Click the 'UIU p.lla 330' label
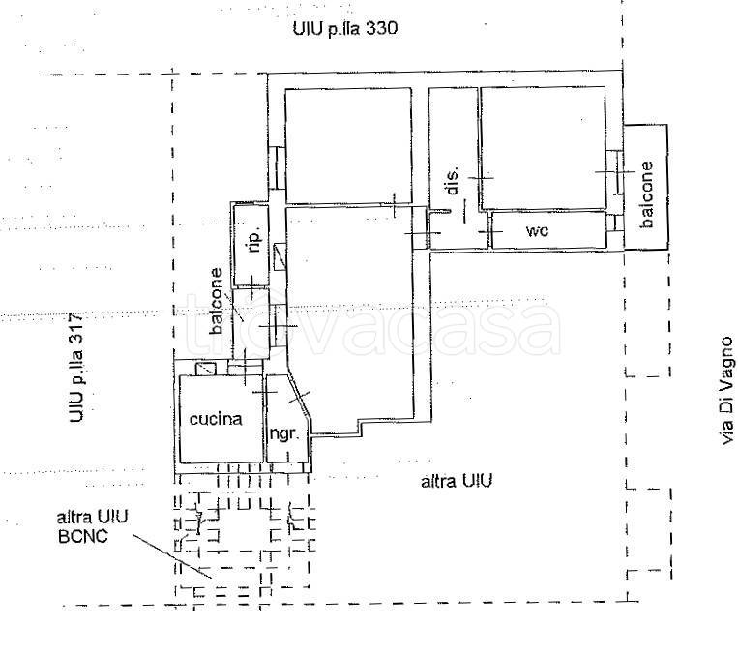(x=345, y=29)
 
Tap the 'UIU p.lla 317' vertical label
(x=76, y=368)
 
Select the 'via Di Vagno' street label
(x=727, y=390)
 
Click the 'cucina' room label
(x=216, y=419)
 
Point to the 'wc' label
(x=537, y=230)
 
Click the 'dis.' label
(x=453, y=180)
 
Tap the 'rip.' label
(x=254, y=242)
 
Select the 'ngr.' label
(x=283, y=433)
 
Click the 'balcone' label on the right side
(x=647, y=194)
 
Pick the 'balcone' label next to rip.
(x=216, y=301)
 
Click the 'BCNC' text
(x=83, y=536)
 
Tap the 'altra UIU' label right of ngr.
(x=457, y=481)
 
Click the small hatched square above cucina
(x=206, y=369)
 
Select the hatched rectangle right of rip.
(x=280, y=256)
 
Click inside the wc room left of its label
(x=508, y=230)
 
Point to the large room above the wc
(x=543, y=147)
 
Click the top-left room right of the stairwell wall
(x=348, y=145)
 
